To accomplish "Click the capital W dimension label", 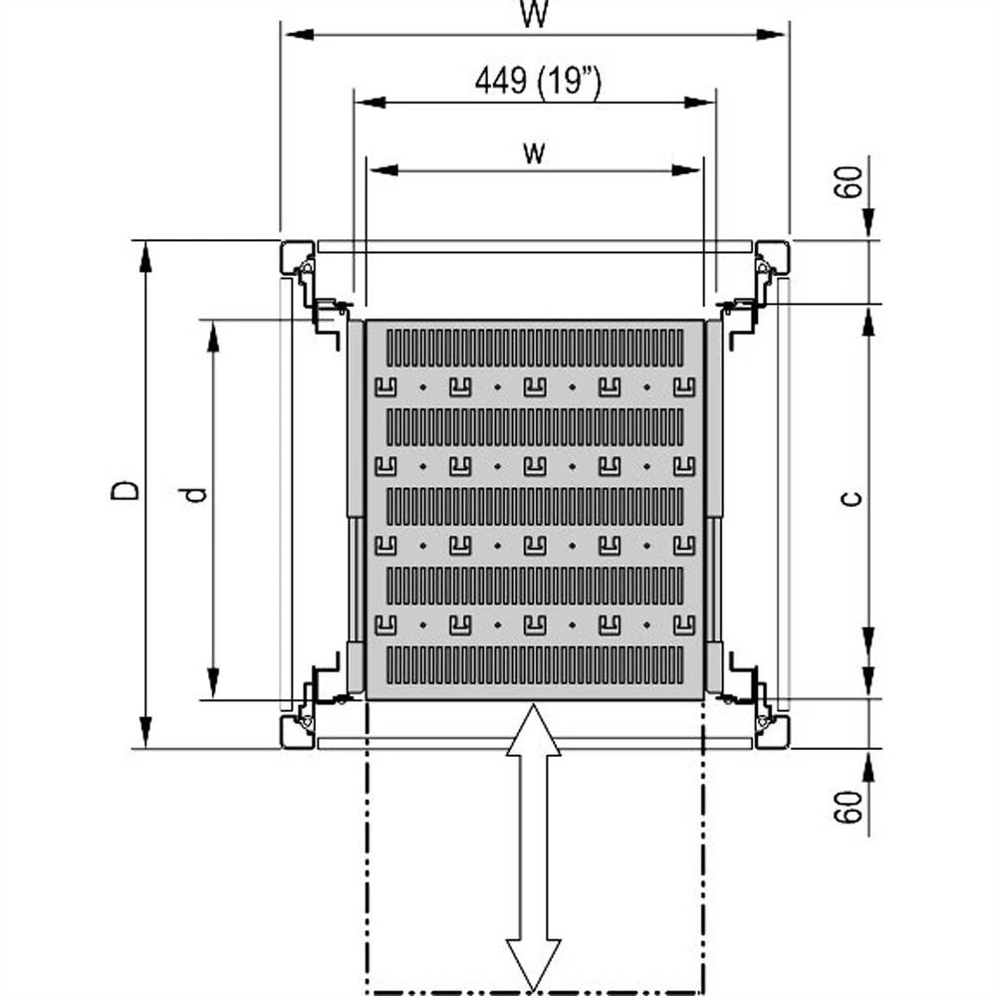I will pyautogui.click(x=535, y=14).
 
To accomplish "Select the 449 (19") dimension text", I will pyautogui.click(x=537, y=82).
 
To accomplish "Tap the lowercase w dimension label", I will pyautogui.click(x=535, y=151).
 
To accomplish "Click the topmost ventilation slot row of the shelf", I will pyautogui.click(x=535, y=348).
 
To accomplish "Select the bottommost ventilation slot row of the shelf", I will pyautogui.click(x=535, y=664).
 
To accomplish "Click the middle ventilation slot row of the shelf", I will pyautogui.click(x=535, y=506).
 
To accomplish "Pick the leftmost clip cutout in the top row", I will pyautogui.click(x=384, y=386).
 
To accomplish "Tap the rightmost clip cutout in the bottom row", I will pyautogui.click(x=683, y=624).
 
